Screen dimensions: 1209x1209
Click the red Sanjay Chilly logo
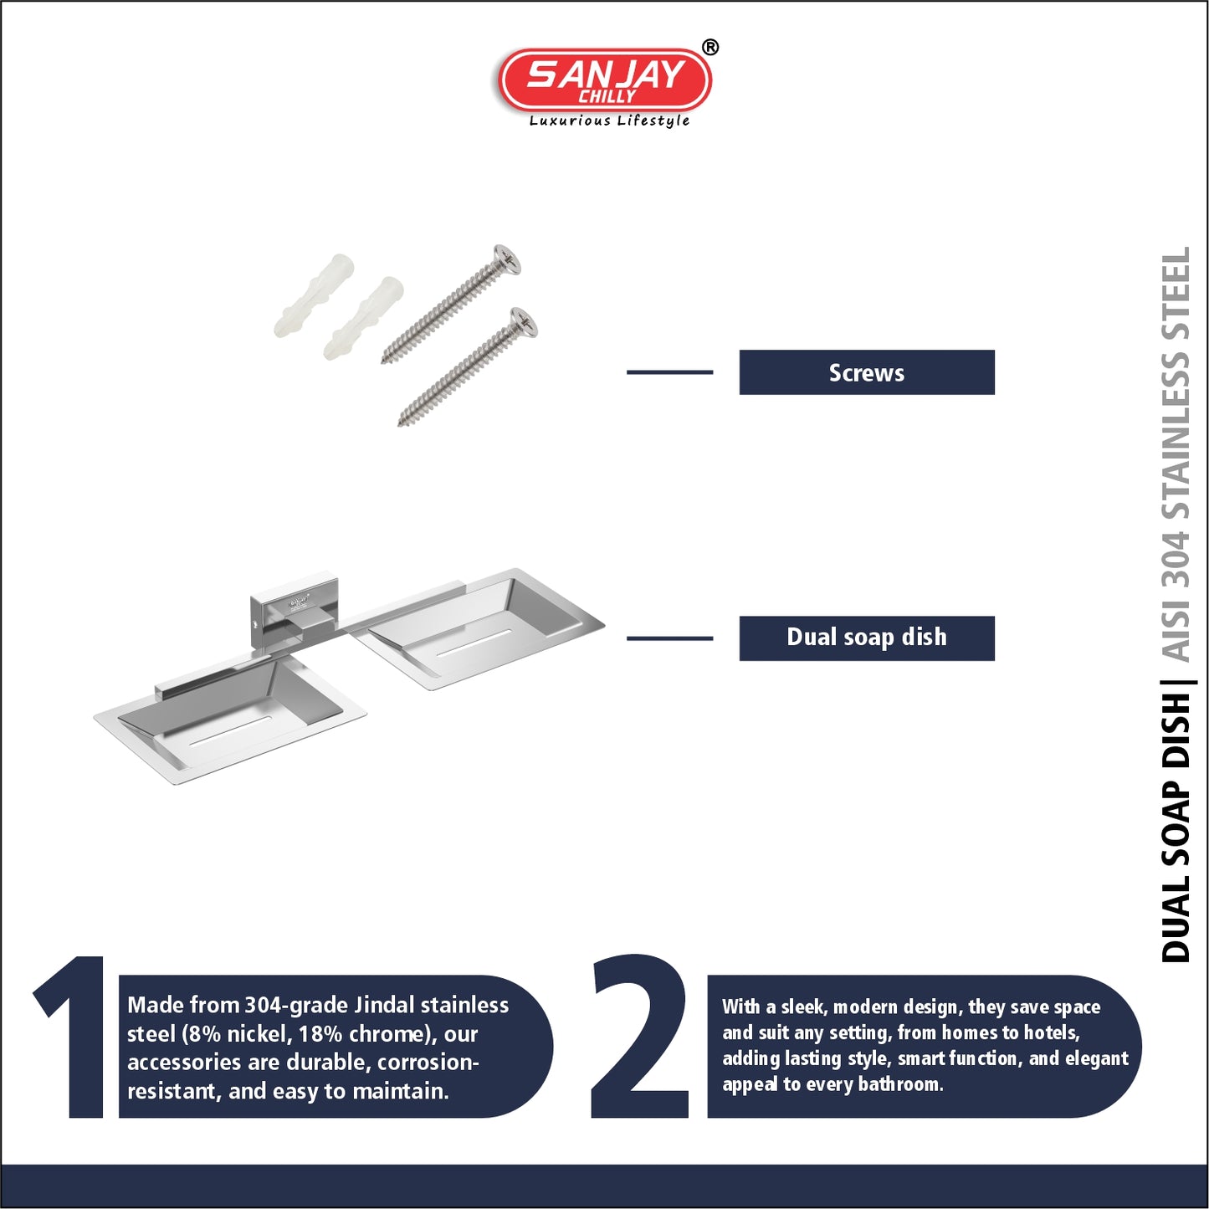pyautogui.click(x=605, y=80)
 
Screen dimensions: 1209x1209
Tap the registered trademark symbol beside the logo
pyautogui.click(x=710, y=48)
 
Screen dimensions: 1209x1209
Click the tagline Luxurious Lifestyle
pyautogui.click(x=609, y=120)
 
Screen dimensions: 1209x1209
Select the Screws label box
pyautogui.click(x=867, y=372)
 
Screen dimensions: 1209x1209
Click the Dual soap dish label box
pyautogui.click(x=867, y=638)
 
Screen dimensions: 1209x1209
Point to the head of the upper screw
pyautogui.click(x=507, y=259)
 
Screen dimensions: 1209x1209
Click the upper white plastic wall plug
pyautogui.click(x=314, y=295)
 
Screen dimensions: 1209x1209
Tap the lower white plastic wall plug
pyautogui.click(x=363, y=318)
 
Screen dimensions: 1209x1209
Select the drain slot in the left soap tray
pyautogui.click(x=230, y=731)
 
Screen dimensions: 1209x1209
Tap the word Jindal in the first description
pyautogui.click(x=384, y=1006)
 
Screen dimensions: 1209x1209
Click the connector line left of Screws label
pyautogui.click(x=669, y=372)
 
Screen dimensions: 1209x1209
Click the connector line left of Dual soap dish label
pyautogui.click(x=669, y=638)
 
